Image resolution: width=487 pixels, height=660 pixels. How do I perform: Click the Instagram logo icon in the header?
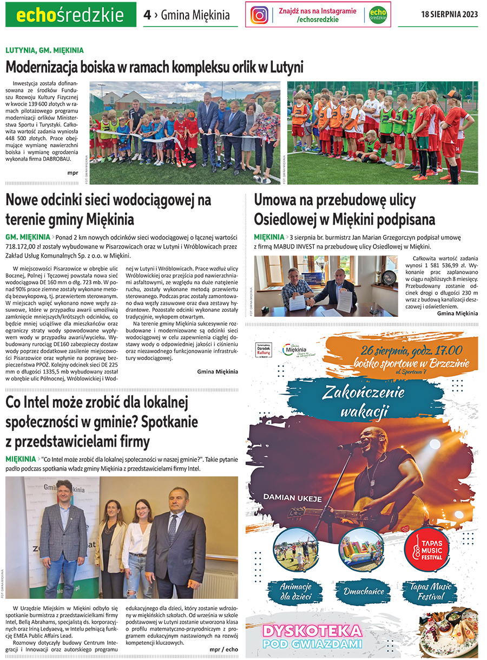[260, 15]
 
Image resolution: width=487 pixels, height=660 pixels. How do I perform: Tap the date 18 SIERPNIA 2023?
[449, 15]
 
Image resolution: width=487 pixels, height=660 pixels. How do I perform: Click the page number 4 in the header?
[147, 15]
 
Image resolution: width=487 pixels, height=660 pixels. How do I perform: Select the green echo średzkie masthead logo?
[70, 15]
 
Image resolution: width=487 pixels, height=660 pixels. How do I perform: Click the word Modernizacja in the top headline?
[43, 68]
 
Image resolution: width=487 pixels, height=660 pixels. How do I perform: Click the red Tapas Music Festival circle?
[427, 549]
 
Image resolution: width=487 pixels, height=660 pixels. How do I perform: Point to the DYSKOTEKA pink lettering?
[311, 631]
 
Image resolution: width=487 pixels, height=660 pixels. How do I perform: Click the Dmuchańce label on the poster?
[361, 591]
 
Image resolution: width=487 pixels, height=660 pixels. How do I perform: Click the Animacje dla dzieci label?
[296, 592]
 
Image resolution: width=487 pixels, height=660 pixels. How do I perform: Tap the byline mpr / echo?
[224, 649]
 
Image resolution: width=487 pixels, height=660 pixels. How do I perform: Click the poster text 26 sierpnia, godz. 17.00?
[409, 351]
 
